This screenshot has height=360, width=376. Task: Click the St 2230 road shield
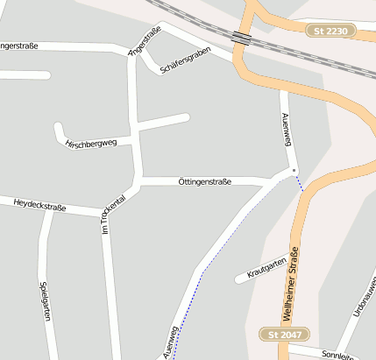point(330,31)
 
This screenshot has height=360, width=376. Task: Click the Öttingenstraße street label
point(204,181)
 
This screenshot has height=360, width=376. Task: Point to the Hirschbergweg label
point(91,144)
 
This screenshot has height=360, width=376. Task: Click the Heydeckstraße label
point(40,206)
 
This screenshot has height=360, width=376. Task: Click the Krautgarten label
point(267,268)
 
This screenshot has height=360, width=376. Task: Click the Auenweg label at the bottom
point(169,342)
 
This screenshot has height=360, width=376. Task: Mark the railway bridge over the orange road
point(241,38)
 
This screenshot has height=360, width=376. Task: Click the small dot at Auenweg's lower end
point(294,170)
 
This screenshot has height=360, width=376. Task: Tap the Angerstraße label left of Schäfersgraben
point(145,42)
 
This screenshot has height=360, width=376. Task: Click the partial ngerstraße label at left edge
point(19,45)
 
